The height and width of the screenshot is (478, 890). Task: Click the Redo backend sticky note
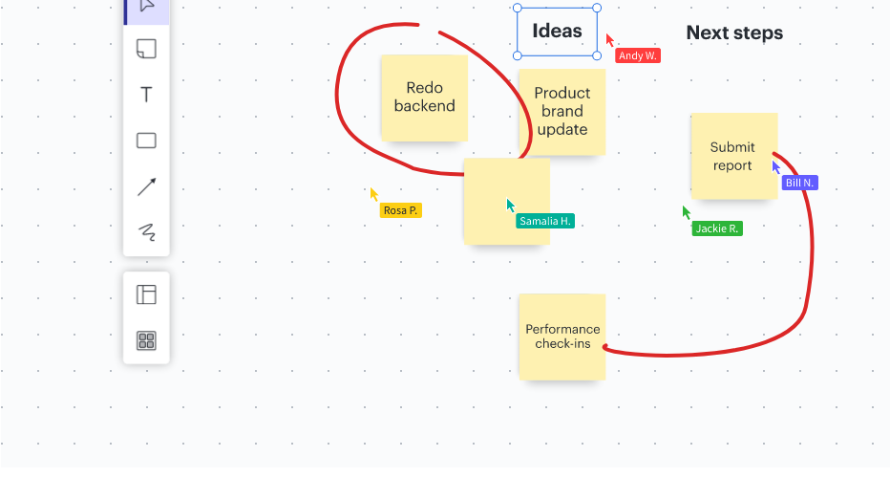[425, 98]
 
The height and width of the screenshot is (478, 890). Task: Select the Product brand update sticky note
[562, 112]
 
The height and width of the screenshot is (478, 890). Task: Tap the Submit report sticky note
[734, 156]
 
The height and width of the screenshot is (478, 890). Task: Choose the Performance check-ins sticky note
[562, 337]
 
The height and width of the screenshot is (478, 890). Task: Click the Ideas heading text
[557, 31]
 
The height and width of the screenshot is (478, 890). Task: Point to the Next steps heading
[734, 33]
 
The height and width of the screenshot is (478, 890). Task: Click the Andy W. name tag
[638, 55]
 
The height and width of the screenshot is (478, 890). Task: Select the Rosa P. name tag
[401, 210]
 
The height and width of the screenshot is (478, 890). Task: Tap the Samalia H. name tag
[545, 221]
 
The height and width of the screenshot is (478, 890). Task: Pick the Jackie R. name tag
[717, 228]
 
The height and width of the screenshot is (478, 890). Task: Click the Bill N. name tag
[799, 183]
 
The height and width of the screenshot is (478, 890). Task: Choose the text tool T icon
[146, 95]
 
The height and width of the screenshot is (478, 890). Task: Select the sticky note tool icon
[146, 49]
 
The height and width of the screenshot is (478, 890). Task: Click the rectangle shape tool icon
[146, 141]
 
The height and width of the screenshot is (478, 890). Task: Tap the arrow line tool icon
[146, 186]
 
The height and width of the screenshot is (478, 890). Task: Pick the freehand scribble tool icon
[147, 232]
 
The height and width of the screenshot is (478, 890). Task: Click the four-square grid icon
[146, 340]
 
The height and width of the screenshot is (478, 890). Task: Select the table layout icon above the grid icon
[146, 294]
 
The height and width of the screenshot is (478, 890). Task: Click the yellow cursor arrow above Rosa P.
[374, 194]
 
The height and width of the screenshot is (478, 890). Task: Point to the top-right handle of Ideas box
[597, 8]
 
